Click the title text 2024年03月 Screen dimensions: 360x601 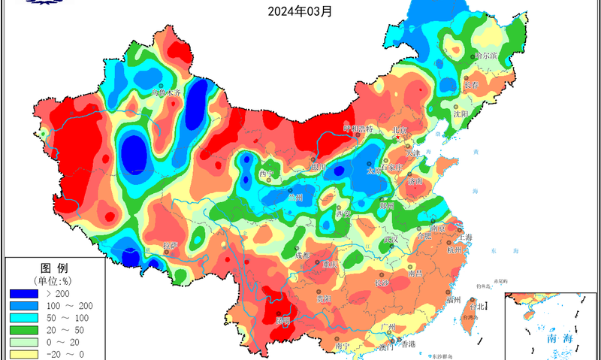(300, 11)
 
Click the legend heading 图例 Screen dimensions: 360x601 (54, 268)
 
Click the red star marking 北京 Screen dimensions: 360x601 (399, 138)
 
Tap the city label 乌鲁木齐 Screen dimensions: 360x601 (166, 93)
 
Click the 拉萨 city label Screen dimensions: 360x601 (171, 246)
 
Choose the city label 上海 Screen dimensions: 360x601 (465, 237)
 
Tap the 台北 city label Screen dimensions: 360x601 (477, 306)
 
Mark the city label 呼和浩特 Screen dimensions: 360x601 (358, 129)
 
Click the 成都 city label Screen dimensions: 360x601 (302, 256)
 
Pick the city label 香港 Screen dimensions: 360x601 (407, 344)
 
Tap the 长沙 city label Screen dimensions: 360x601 (381, 283)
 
